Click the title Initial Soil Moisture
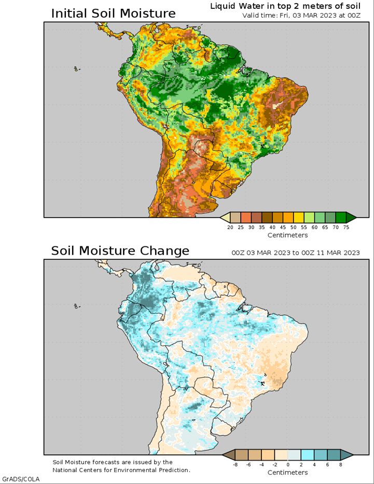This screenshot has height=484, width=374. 113,13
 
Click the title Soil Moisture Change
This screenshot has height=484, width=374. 120,251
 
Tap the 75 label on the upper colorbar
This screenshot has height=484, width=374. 346,227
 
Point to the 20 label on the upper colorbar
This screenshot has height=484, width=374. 230,227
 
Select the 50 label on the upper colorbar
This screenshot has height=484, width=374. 294,227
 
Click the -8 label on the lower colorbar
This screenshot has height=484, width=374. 235,464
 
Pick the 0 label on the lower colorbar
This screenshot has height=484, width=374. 288,464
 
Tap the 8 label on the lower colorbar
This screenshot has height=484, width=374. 341,464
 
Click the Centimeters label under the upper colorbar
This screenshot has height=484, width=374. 287,235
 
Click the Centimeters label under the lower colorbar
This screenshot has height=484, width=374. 287,473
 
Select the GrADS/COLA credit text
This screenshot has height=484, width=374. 21,479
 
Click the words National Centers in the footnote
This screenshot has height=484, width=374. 77,470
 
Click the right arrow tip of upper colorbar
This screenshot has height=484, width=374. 356,217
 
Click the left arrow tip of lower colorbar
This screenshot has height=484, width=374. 222,454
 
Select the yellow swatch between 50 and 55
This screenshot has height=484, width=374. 299,217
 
